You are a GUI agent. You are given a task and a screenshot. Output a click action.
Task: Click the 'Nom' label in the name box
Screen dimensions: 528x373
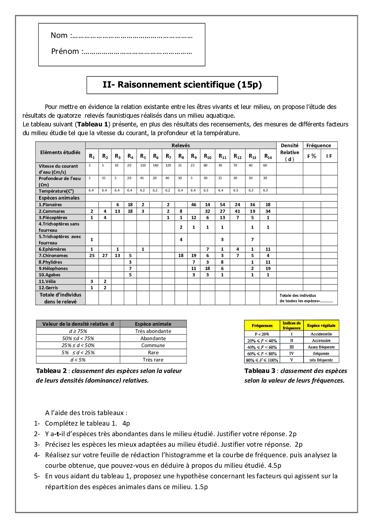(59, 36)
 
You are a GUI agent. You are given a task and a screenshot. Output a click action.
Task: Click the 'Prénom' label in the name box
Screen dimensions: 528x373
(65, 51)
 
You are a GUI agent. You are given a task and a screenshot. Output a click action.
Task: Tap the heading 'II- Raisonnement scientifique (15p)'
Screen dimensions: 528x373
(182, 85)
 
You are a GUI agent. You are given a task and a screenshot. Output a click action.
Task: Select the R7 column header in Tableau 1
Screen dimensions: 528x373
(168, 156)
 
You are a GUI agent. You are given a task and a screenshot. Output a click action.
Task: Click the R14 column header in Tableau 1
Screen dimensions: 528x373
(268, 156)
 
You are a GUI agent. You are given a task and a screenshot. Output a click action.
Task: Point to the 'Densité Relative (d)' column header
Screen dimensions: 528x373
(289, 152)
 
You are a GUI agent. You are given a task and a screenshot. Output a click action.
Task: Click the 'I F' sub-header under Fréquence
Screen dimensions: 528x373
(329, 156)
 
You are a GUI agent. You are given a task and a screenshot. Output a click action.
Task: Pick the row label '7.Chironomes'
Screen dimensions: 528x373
(53, 256)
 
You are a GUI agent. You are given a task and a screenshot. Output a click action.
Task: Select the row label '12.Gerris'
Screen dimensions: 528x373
(48, 288)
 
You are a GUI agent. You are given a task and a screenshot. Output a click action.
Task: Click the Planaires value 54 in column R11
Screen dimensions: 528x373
(222, 205)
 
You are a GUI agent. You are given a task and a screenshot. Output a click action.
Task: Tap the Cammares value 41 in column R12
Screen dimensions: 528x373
(237, 211)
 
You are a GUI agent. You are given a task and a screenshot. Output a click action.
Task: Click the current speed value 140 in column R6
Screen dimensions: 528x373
(156, 165)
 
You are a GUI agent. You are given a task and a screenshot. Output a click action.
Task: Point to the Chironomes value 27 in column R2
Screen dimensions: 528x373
(105, 256)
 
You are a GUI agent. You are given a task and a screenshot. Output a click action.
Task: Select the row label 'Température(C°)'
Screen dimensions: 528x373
(56, 191)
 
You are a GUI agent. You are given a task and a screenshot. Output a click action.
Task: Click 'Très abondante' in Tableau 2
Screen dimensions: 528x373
(153, 331)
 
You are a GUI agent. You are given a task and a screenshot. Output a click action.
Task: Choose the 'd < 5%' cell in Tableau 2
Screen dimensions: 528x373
(78, 360)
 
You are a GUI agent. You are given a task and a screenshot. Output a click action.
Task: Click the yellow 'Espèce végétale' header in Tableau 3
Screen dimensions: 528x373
(321, 325)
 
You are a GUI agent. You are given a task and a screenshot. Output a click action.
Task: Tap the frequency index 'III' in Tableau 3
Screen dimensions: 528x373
(291, 347)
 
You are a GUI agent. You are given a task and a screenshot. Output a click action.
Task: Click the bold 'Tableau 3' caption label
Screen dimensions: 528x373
(260, 371)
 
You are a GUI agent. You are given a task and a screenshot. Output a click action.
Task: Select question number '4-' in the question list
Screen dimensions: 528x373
(37, 455)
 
